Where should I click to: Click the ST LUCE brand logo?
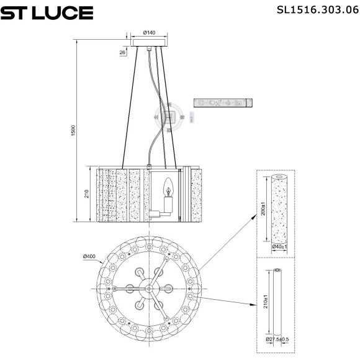[47, 12]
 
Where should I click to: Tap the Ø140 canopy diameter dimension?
[149, 32]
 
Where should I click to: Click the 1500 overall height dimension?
[73, 132]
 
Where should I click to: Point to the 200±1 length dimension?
[263, 209]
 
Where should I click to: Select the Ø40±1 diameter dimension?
[279, 247]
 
